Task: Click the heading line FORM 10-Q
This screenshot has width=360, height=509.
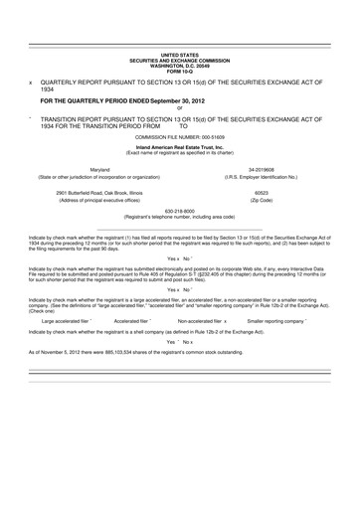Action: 179,69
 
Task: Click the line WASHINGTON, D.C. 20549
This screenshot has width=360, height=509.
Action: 179,65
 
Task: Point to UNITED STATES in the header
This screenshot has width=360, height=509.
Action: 179,56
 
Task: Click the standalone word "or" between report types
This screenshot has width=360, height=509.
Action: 179,107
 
